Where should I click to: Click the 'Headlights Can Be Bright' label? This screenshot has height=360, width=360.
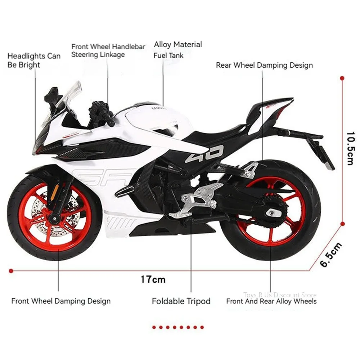pyautogui.click(x=34, y=60)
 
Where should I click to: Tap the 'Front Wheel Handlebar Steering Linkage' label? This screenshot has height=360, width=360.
pyautogui.click(x=108, y=50)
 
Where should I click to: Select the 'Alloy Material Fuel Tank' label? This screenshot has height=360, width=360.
pyautogui.click(x=178, y=50)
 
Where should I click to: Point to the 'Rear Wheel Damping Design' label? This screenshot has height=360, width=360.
pyautogui.click(x=264, y=65)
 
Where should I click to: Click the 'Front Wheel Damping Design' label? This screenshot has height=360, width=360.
pyautogui.click(x=61, y=301)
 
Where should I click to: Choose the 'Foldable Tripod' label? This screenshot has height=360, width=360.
pyautogui.click(x=181, y=301)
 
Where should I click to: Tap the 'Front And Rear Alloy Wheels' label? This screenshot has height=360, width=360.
pyautogui.click(x=271, y=301)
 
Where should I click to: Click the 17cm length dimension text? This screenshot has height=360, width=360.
pyautogui.click(x=153, y=279)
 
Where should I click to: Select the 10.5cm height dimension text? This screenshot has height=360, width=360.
pyautogui.click(x=351, y=148)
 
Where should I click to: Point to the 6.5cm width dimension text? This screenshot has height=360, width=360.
pyautogui.click(x=331, y=255)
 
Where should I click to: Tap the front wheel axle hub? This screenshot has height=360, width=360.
pyautogui.click(x=54, y=217)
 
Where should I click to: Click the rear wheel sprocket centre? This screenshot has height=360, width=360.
pyautogui.click(x=273, y=212)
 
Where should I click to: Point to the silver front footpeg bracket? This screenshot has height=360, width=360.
pyautogui.click(x=197, y=200)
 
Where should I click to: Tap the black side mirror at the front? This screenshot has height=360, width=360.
pyautogui.click(x=53, y=96)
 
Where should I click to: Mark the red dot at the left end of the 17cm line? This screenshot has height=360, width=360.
pyautogui.click(x=11, y=271)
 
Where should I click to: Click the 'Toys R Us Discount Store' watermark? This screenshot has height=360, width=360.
pyautogui.click(x=280, y=295)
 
